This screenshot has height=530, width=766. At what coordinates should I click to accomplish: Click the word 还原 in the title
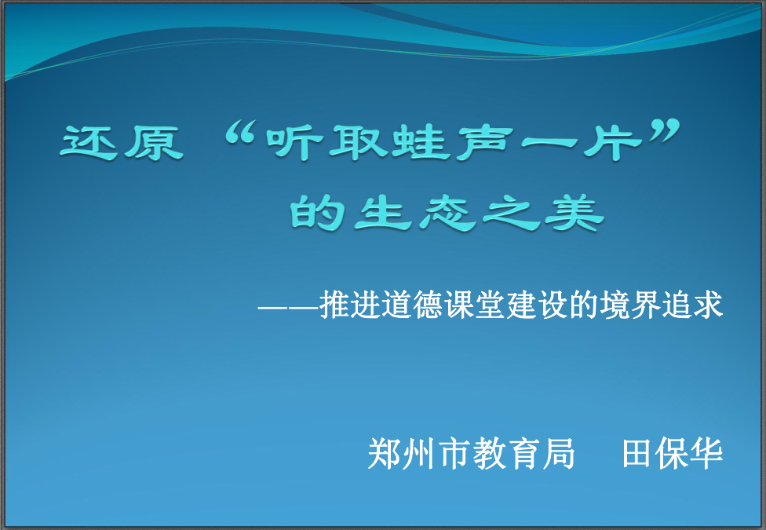[122, 143]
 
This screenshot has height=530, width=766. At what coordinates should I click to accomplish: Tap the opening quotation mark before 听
[240, 133]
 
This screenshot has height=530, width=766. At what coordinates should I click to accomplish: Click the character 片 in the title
[613, 143]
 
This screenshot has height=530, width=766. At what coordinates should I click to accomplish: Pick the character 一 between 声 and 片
[549, 143]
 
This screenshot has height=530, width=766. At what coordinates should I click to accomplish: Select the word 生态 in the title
[415, 213]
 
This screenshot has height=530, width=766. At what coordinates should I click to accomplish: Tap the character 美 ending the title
[574, 213]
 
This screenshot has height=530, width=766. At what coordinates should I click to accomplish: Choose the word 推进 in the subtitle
[350, 305]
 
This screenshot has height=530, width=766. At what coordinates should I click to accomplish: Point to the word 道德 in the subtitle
[412, 305]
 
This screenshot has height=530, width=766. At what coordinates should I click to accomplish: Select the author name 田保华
[673, 454]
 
